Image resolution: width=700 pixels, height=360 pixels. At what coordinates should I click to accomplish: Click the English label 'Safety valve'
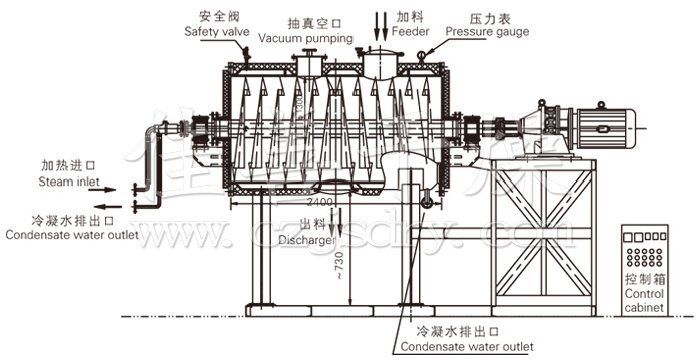pos(216,31)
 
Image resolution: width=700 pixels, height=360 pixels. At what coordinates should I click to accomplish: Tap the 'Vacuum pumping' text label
pos(306,38)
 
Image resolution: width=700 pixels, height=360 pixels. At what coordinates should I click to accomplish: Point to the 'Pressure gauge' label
pos(487,31)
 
